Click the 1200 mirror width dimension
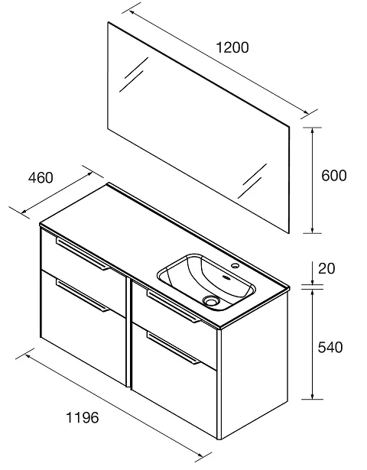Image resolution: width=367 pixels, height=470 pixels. tap(232, 47)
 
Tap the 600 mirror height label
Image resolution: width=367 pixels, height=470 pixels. tap(333, 175)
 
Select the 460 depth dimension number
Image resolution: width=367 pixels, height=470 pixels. tap(41, 177)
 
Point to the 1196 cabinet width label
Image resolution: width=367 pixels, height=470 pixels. tap(82, 417)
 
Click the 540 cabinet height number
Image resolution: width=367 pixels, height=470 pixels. tap(330, 347)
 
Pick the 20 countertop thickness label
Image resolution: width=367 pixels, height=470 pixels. tap(326, 268)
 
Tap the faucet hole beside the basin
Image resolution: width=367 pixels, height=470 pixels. tap(235, 265)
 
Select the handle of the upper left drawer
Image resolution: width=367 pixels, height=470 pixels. tap(83, 254)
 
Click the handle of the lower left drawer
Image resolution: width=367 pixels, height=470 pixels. tap(83, 296)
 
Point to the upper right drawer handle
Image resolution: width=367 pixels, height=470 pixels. tap(174, 306)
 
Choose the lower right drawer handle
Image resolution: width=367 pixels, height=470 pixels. tap(174, 348)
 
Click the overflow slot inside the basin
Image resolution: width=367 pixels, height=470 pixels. tap(226, 277)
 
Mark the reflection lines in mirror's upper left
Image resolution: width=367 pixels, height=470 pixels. tap(134, 74)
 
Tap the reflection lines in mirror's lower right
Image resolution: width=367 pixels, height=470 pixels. tap(252, 181)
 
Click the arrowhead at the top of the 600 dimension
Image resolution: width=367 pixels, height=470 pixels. tap(312, 131)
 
